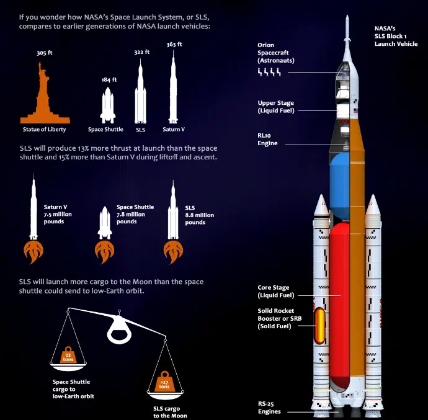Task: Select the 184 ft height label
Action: pos(110,80)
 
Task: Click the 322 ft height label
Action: pos(142,52)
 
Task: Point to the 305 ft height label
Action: pos(43,53)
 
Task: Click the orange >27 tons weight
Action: pos(163,384)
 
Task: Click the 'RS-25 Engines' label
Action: pos(270,407)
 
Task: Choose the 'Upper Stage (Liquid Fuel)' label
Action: pos(276,107)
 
